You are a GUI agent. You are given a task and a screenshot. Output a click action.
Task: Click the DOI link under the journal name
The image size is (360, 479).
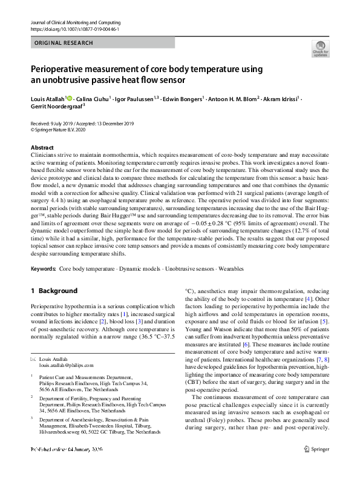74,29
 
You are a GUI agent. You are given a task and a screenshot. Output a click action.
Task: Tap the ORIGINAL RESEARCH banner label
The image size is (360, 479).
64,44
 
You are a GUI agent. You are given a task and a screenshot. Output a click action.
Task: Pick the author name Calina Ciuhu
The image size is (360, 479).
94,99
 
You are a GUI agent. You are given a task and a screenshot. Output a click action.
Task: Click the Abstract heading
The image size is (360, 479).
42,148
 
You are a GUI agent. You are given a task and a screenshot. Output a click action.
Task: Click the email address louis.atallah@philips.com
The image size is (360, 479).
67,366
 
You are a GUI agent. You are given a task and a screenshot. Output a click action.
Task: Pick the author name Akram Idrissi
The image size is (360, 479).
283,99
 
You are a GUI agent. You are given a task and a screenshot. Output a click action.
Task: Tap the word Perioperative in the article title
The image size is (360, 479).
62,69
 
